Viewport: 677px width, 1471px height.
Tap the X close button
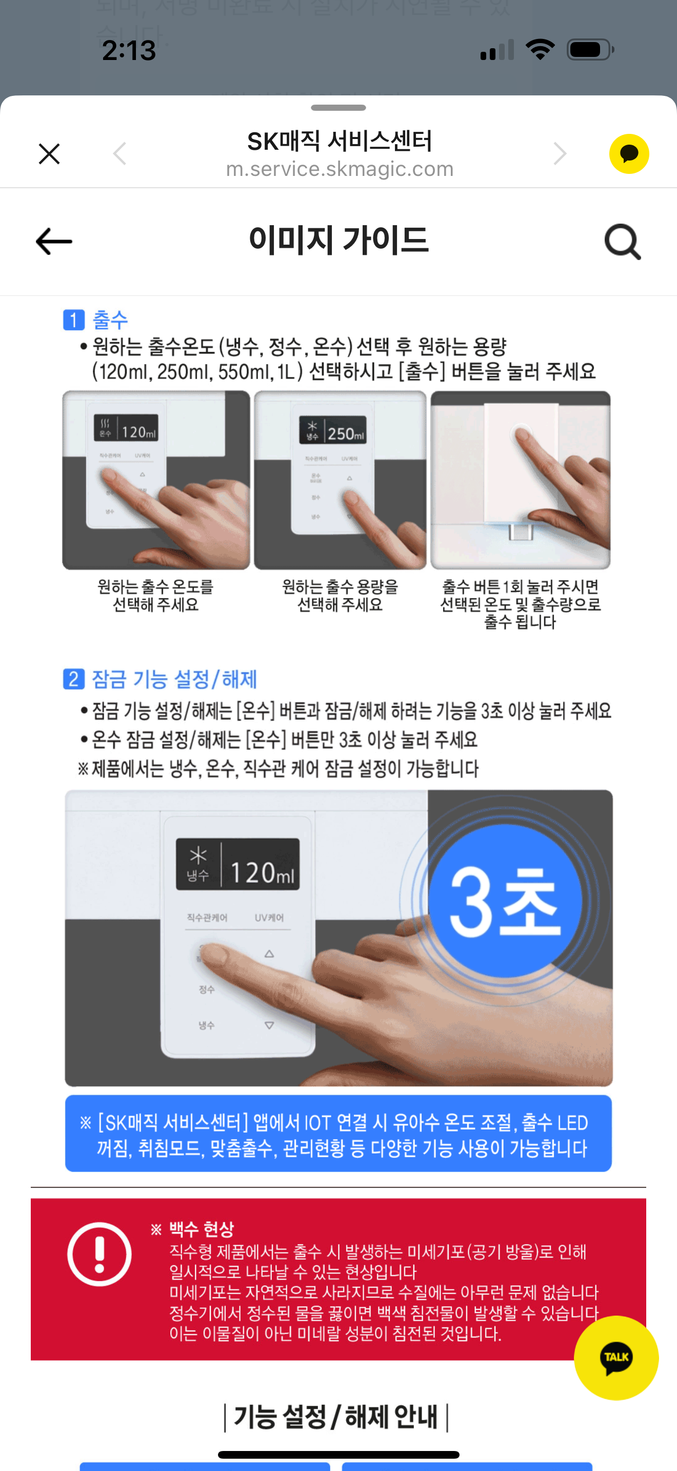[49, 153]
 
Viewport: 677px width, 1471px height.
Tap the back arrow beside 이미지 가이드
[54, 242]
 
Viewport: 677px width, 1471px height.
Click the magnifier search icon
[622, 242]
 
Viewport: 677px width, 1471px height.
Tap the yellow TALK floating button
[615, 1357]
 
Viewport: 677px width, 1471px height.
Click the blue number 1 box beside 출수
[74, 320]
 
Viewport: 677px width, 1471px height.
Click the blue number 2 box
[74, 679]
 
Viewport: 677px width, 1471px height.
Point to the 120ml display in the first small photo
[127, 428]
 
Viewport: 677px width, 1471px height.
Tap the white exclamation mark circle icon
[99, 1254]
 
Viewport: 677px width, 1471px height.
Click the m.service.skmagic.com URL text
[340, 169]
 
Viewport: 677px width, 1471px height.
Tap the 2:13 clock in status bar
[129, 50]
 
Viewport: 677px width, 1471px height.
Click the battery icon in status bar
[590, 50]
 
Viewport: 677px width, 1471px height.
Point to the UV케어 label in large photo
[269, 918]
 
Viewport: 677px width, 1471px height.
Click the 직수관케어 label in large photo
[207, 918]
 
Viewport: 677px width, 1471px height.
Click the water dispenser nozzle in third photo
[521, 532]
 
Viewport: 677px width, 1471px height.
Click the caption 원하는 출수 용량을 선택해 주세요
[340, 595]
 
